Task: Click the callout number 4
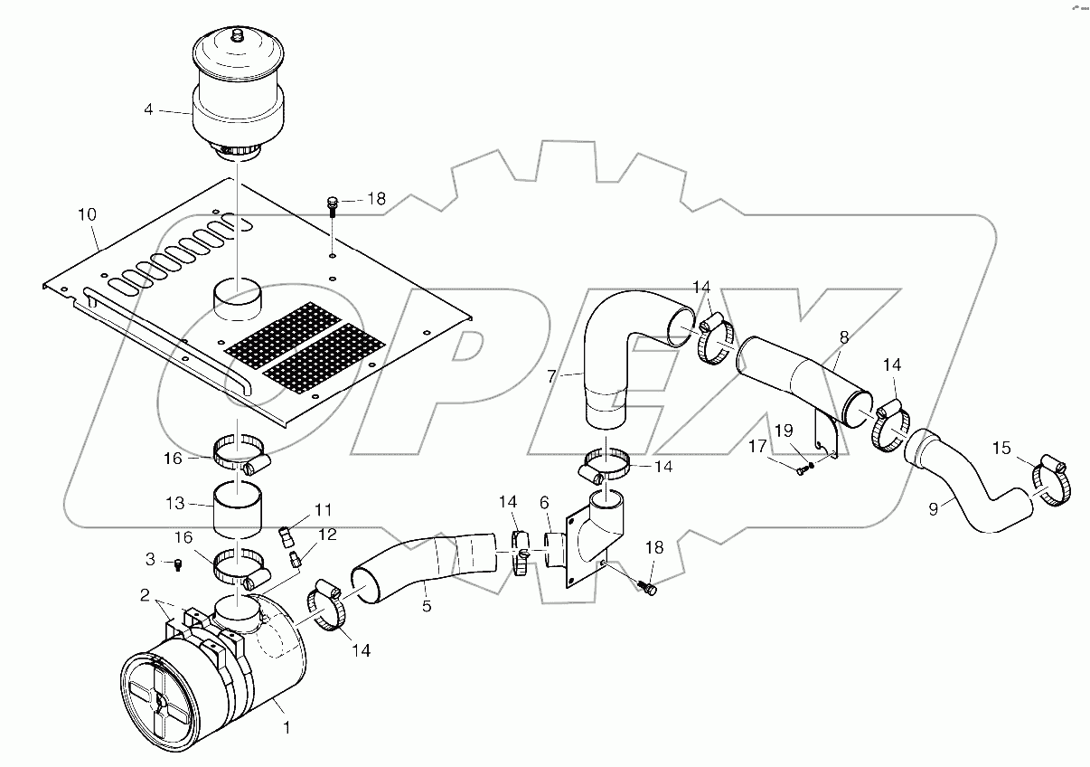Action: coord(148,111)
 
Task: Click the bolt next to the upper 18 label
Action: coord(333,204)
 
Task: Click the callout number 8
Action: coord(843,337)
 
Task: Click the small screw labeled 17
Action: coord(801,469)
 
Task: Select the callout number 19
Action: coord(783,431)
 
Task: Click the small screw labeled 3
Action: coord(178,565)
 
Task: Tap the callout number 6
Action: coord(544,502)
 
